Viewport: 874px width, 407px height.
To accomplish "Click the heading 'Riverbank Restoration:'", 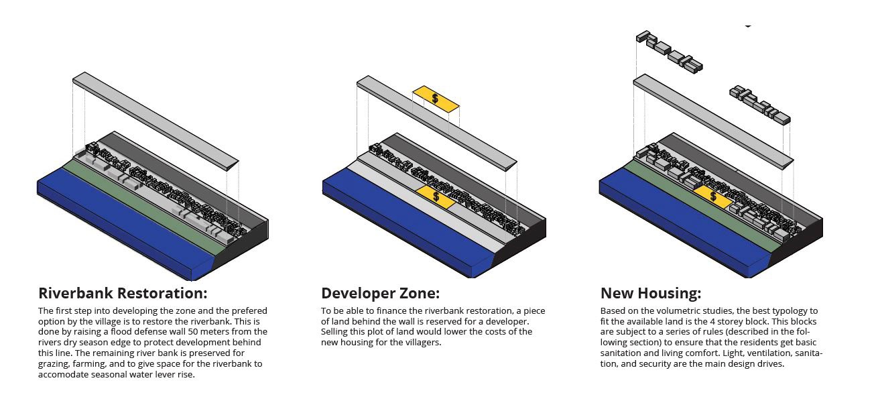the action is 123,293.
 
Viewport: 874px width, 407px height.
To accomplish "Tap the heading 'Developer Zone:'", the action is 380,293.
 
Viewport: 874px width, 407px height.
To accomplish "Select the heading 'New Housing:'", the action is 650,293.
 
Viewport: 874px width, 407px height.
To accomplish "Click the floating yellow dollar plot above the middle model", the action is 436,99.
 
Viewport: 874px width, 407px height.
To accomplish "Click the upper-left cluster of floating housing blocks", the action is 669,52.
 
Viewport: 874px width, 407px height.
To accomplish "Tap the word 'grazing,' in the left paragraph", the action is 55,363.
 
